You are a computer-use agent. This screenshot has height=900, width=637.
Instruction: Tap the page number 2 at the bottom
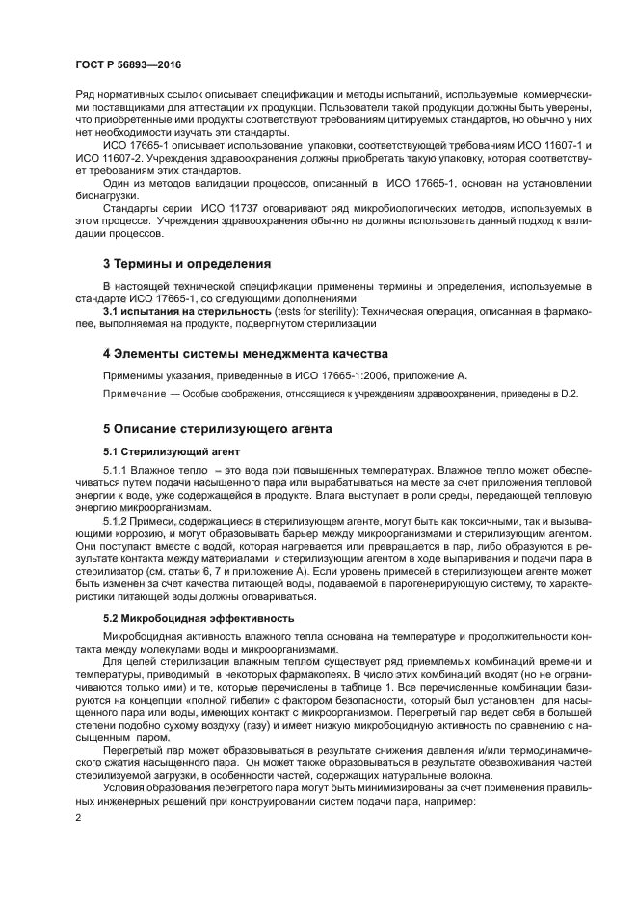(x=79, y=818)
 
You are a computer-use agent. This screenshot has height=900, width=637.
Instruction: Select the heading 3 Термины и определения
(x=187, y=264)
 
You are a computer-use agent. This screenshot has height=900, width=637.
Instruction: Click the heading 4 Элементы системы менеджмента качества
(x=245, y=353)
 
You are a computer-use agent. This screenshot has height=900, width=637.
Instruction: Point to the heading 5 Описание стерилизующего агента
(x=224, y=428)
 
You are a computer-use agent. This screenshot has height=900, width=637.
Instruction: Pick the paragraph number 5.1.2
(x=115, y=521)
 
